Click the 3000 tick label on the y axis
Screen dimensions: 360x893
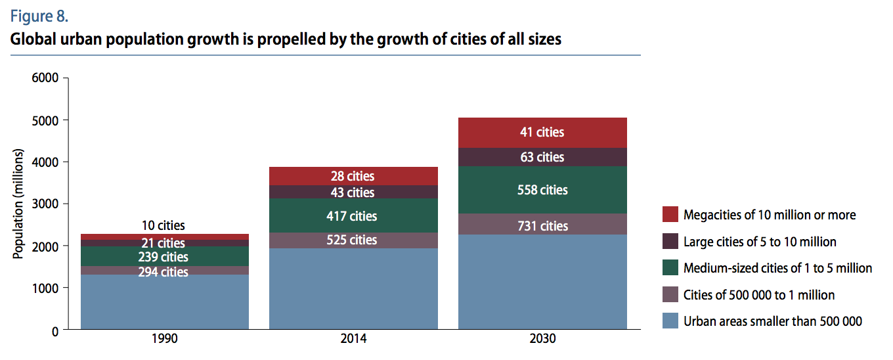tap(46, 204)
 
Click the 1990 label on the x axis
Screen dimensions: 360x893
tap(164, 340)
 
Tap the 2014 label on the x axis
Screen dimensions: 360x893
tap(353, 340)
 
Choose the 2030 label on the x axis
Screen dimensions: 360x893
tap(542, 340)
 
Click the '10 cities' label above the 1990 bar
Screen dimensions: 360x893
tap(163, 226)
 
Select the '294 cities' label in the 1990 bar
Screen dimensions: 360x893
tap(163, 271)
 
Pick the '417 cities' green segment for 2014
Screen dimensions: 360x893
tap(353, 216)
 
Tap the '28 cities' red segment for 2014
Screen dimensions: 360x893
tap(353, 176)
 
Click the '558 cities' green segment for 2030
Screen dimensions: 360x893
tap(542, 190)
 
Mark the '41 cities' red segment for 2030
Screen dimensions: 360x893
tap(542, 133)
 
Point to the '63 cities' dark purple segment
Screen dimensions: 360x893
tap(542, 157)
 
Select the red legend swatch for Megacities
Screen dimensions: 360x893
tap(670, 215)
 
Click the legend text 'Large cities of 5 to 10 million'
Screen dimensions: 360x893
tap(760, 242)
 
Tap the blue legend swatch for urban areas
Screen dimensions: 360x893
tap(670, 321)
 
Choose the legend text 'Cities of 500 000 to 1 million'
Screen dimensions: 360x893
tap(759, 295)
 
